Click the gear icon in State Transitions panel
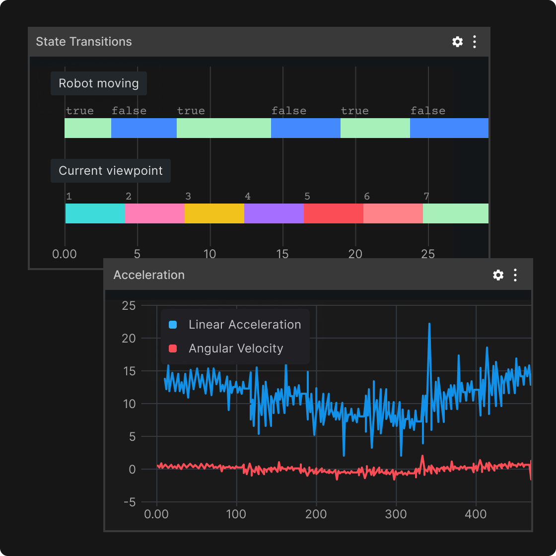(457, 42)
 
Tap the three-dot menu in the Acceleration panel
(515, 275)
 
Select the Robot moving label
(99, 83)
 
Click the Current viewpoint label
(111, 171)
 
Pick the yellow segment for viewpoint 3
(214, 213)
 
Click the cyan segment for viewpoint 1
(95, 213)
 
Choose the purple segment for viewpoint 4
(274, 213)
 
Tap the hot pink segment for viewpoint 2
(154, 213)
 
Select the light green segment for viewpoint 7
(455, 213)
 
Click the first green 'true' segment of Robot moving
(88, 128)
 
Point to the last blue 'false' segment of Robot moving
(449, 128)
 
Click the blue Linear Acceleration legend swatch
(173, 325)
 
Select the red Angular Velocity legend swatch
(173, 348)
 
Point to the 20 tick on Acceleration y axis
(129, 339)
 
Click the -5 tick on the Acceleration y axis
(129, 502)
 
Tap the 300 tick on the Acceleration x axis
(396, 514)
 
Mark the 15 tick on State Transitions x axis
(282, 254)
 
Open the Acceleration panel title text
(149, 275)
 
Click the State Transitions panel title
(84, 42)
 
